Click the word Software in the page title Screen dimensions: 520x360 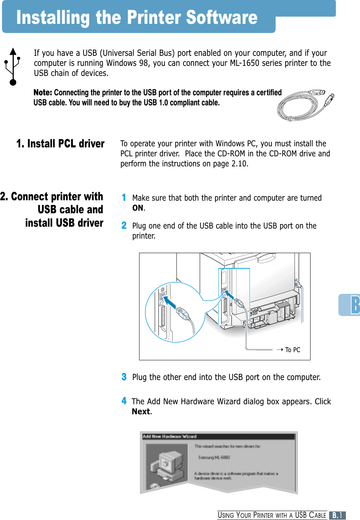click(x=222, y=17)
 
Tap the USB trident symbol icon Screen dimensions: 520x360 click(x=13, y=67)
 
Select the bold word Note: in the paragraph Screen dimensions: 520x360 click(x=43, y=93)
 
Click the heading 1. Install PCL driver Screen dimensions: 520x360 click(x=60, y=144)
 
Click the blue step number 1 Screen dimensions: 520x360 click(x=124, y=198)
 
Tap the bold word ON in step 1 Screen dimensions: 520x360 click(x=138, y=208)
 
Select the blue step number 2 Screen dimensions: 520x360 click(x=124, y=226)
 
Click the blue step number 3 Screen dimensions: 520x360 click(x=124, y=377)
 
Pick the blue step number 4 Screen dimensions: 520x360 click(x=124, y=401)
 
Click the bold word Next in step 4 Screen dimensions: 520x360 click(x=141, y=412)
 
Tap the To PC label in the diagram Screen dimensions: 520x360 click(x=293, y=350)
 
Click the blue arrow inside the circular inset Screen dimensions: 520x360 click(x=170, y=302)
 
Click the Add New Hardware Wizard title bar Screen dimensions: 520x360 click(x=219, y=436)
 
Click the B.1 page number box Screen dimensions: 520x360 click(x=337, y=516)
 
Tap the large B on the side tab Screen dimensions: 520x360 click(x=355, y=305)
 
